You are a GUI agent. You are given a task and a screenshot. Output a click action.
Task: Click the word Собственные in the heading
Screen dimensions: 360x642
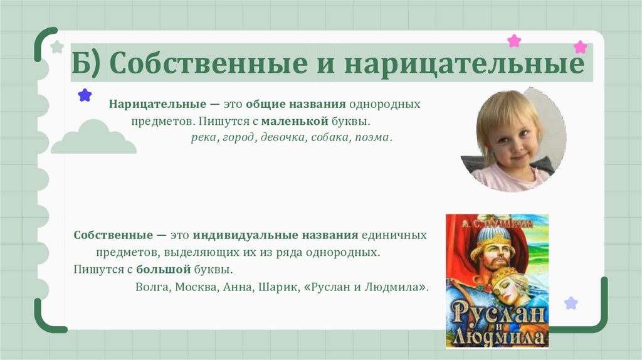(209, 64)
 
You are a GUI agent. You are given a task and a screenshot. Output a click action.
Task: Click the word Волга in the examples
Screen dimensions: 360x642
(150, 287)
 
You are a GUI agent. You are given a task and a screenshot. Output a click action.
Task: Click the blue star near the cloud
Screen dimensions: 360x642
(85, 95)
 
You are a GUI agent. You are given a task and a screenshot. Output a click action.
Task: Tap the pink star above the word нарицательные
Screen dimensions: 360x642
(514, 41)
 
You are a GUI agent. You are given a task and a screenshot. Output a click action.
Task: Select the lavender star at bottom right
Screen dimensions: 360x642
(571, 304)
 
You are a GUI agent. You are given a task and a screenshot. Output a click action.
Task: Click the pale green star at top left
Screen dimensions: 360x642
(57, 46)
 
